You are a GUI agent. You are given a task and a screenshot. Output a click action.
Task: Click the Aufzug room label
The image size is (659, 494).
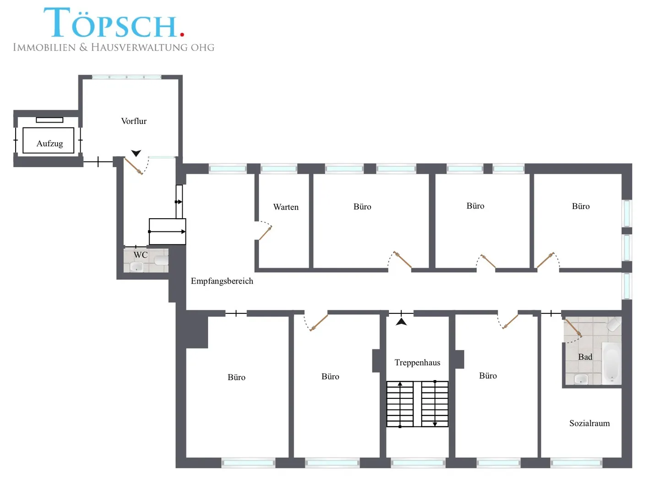click(x=49, y=144)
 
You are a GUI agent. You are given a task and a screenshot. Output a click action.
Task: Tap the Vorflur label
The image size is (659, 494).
click(x=134, y=121)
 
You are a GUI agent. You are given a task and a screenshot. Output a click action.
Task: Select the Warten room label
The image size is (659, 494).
click(x=285, y=207)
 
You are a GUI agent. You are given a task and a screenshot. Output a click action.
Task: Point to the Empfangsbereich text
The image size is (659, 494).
click(x=222, y=281)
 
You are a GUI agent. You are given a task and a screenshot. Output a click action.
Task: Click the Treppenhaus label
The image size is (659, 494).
click(x=417, y=362)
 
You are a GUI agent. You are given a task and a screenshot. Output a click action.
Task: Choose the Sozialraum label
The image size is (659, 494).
click(x=589, y=423)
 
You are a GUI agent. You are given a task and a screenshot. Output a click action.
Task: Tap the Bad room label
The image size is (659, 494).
click(x=585, y=357)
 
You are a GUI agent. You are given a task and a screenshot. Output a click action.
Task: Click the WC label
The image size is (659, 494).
click(x=140, y=255)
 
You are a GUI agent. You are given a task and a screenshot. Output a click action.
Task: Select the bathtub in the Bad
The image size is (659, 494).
click(x=611, y=362)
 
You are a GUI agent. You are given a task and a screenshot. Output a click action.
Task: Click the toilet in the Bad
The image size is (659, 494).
click(x=614, y=324)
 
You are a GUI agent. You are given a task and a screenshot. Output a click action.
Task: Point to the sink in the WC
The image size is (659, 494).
click(x=136, y=266)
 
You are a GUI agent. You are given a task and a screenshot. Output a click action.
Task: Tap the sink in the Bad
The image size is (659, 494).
click(x=581, y=379)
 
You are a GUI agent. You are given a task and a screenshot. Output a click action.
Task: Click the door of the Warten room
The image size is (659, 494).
click(x=265, y=233)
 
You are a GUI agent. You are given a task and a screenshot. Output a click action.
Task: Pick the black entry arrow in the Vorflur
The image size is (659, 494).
click(x=136, y=153)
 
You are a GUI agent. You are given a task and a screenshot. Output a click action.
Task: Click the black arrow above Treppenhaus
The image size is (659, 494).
click(x=401, y=322)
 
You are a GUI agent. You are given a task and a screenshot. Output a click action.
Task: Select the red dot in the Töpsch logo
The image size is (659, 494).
click(x=182, y=34)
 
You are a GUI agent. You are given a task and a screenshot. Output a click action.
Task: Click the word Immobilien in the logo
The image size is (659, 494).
click(x=44, y=48)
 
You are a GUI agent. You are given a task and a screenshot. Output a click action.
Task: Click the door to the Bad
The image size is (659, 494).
click(x=573, y=328)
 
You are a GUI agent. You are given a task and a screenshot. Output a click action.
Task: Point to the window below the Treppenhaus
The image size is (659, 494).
click(x=418, y=462)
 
